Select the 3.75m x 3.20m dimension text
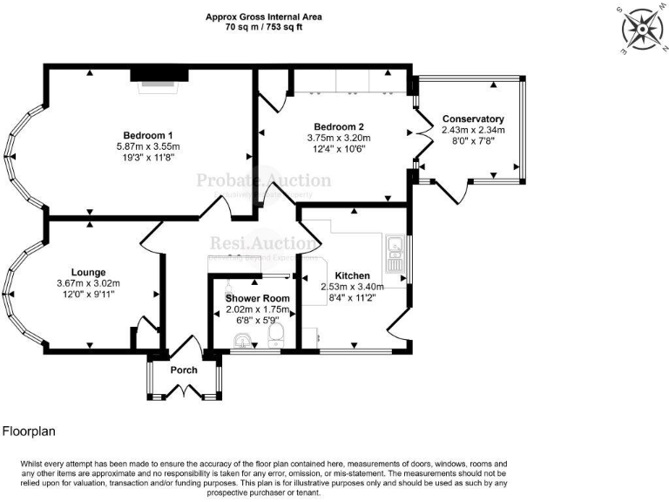click(339, 138)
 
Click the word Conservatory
click(473, 119)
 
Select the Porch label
click(184, 370)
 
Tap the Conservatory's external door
click(453, 191)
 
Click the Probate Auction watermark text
click(263, 181)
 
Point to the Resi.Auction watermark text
click(263, 244)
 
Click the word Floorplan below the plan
click(28, 431)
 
